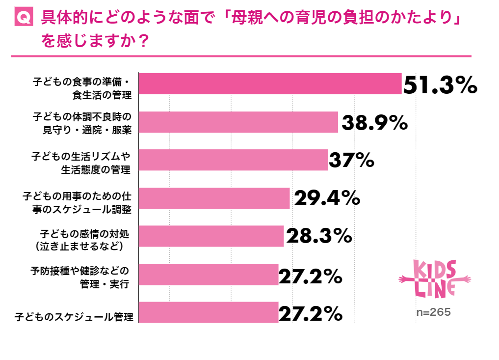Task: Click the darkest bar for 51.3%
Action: pos(270,83)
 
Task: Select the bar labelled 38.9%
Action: pos(238,122)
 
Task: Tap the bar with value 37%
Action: pos(233,160)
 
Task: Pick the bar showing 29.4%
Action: pos(214,198)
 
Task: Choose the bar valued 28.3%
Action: pos(211,236)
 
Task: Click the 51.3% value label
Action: pos(440,84)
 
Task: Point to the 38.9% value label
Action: pos(375,122)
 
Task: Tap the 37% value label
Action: pos(351,160)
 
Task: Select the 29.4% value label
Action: pos(327,198)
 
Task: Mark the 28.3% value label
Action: pos(319,236)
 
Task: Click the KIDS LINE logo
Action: pos(434,278)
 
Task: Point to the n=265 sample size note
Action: pos(434,312)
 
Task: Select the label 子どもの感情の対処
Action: pos(87,231)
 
